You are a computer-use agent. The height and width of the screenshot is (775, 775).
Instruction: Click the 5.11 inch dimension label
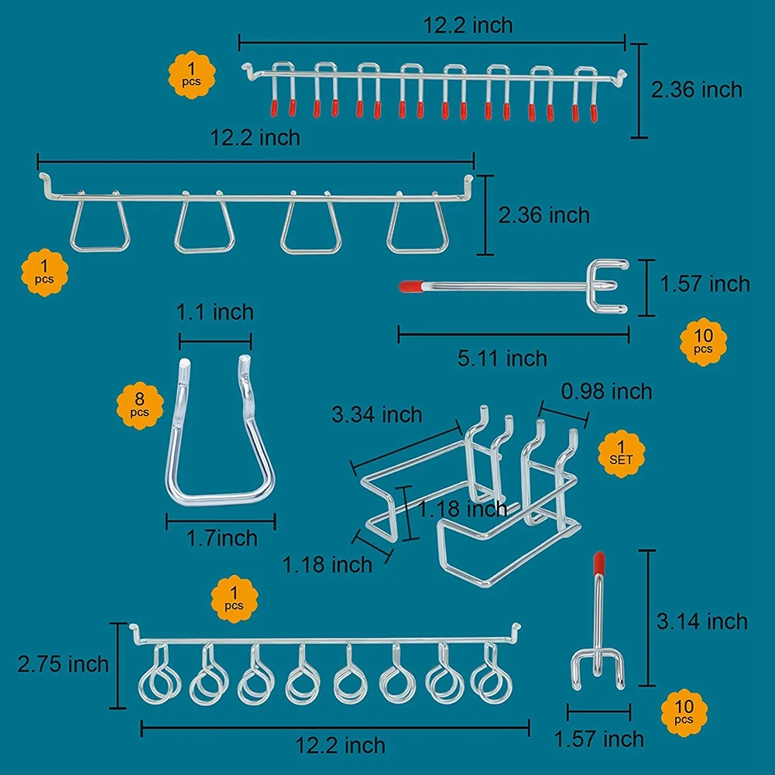[x=502, y=358]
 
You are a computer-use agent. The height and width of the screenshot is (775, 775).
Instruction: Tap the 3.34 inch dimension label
[x=376, y=415]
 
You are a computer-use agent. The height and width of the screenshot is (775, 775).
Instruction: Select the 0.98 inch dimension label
[x=606, y=392]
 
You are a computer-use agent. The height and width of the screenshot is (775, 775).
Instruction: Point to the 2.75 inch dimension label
[x=63, y=664]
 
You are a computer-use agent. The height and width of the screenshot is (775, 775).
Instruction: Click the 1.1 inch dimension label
[x=215, y=312]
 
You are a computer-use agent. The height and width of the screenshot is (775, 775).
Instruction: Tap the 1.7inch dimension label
[x=222, y=538]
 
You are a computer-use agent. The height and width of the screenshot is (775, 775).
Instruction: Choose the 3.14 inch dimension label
[x=702, y=622]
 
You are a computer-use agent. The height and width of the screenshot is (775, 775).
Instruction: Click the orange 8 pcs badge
[x=140, y=405]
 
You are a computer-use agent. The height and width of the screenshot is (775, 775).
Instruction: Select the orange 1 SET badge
[x=621, y=454]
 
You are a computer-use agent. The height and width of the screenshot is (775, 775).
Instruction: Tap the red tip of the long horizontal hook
[x=411, y=286]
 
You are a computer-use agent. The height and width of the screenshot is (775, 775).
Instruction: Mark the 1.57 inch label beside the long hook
[x=705, y=284]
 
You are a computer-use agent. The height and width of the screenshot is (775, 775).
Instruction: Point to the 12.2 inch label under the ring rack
[x=340, y=746]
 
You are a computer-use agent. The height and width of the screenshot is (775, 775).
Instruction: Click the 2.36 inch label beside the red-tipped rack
[x=696, y=90]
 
